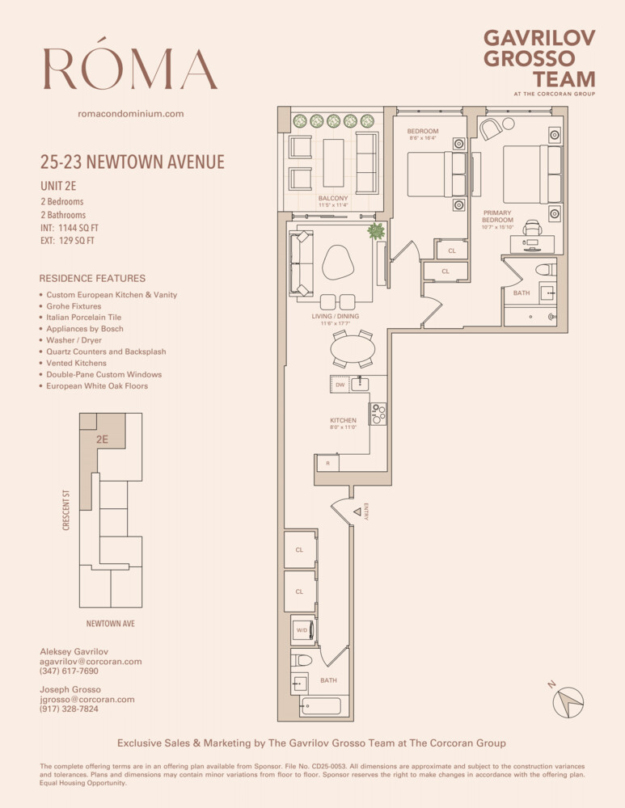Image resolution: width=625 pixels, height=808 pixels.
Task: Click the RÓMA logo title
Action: [x=130, y=69]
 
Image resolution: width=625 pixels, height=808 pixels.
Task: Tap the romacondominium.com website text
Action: [x=130, y=114]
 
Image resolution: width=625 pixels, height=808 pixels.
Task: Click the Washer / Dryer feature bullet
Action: [x=74, y=340]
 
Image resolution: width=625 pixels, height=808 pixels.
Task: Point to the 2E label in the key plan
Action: [x=102, y=440]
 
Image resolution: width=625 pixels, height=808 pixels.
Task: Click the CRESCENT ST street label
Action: [x=66, y=509]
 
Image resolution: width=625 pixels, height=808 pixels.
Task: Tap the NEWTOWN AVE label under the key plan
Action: [x=110, y=624]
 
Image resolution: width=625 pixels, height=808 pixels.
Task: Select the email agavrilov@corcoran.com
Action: [x=91, y=661]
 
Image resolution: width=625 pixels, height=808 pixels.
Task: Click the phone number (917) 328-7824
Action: [x=69, y=709]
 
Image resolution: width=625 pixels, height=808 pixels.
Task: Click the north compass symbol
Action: [x=568, y=701]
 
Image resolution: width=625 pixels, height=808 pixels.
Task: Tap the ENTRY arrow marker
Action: [x=357, y=511]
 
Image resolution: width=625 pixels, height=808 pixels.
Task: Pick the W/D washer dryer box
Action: [x=301, y=630]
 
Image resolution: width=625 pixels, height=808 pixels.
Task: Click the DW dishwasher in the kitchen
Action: [x=340, y=385]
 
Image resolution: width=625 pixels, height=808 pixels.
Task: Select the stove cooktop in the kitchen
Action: [x=378, y=414]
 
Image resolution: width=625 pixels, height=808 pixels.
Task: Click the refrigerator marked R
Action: [x=327, y=464]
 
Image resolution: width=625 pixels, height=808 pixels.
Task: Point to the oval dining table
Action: [x=353, y=349]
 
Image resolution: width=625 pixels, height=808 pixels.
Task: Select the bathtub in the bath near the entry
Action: [x=320, y=707]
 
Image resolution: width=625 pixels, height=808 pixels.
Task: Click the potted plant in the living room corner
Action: [x=376, y=232]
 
